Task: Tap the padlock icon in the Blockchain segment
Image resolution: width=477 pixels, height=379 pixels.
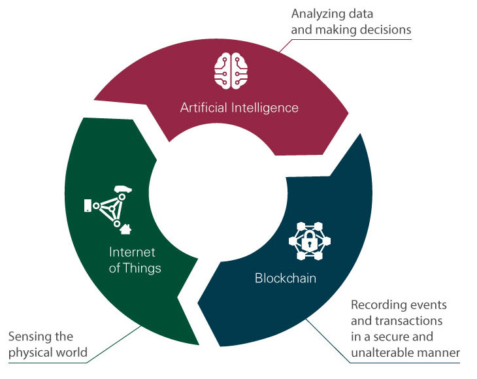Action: click(x=305, y=240)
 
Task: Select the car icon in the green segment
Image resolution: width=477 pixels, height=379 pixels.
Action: click(x=122, y=190)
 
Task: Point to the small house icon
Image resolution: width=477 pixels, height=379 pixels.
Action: click(x=125, y=229)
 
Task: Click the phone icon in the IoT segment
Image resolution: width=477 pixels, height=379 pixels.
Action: click(x=88, y=206)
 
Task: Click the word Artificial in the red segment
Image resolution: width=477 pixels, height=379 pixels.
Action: click(x=202, y=107)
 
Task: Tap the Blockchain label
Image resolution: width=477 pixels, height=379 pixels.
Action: click(x=286, y=278)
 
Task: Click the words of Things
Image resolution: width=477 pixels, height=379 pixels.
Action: click(x=135, y=268)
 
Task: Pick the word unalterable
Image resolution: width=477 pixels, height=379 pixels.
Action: click(x=381, y=354)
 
